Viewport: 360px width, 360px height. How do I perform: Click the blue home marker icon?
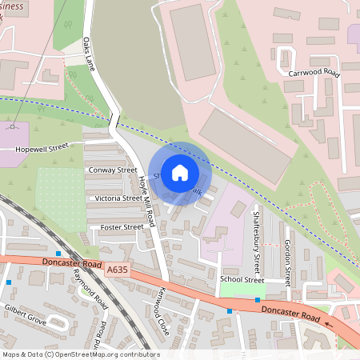pos(180,172)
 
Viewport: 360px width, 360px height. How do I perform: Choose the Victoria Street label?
pos(118,198)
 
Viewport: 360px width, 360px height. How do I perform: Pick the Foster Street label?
pos(122,227)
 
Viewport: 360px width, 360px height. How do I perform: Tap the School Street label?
pos(242,280)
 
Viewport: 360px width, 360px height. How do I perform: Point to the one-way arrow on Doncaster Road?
pos(329,325)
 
